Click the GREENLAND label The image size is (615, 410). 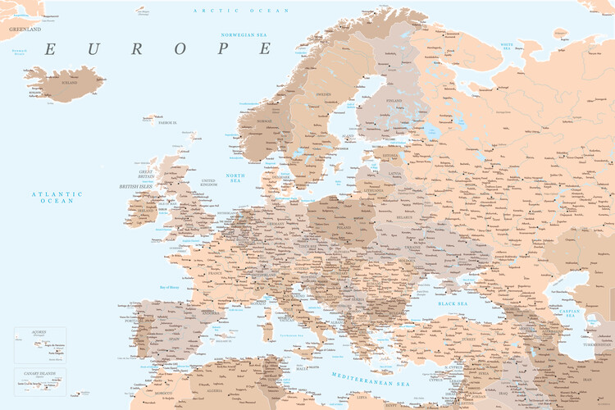point(25,29)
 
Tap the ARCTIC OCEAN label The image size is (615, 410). point(241,11)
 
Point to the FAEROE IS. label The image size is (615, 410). point(167,122)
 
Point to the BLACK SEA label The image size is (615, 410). point(453,303)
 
